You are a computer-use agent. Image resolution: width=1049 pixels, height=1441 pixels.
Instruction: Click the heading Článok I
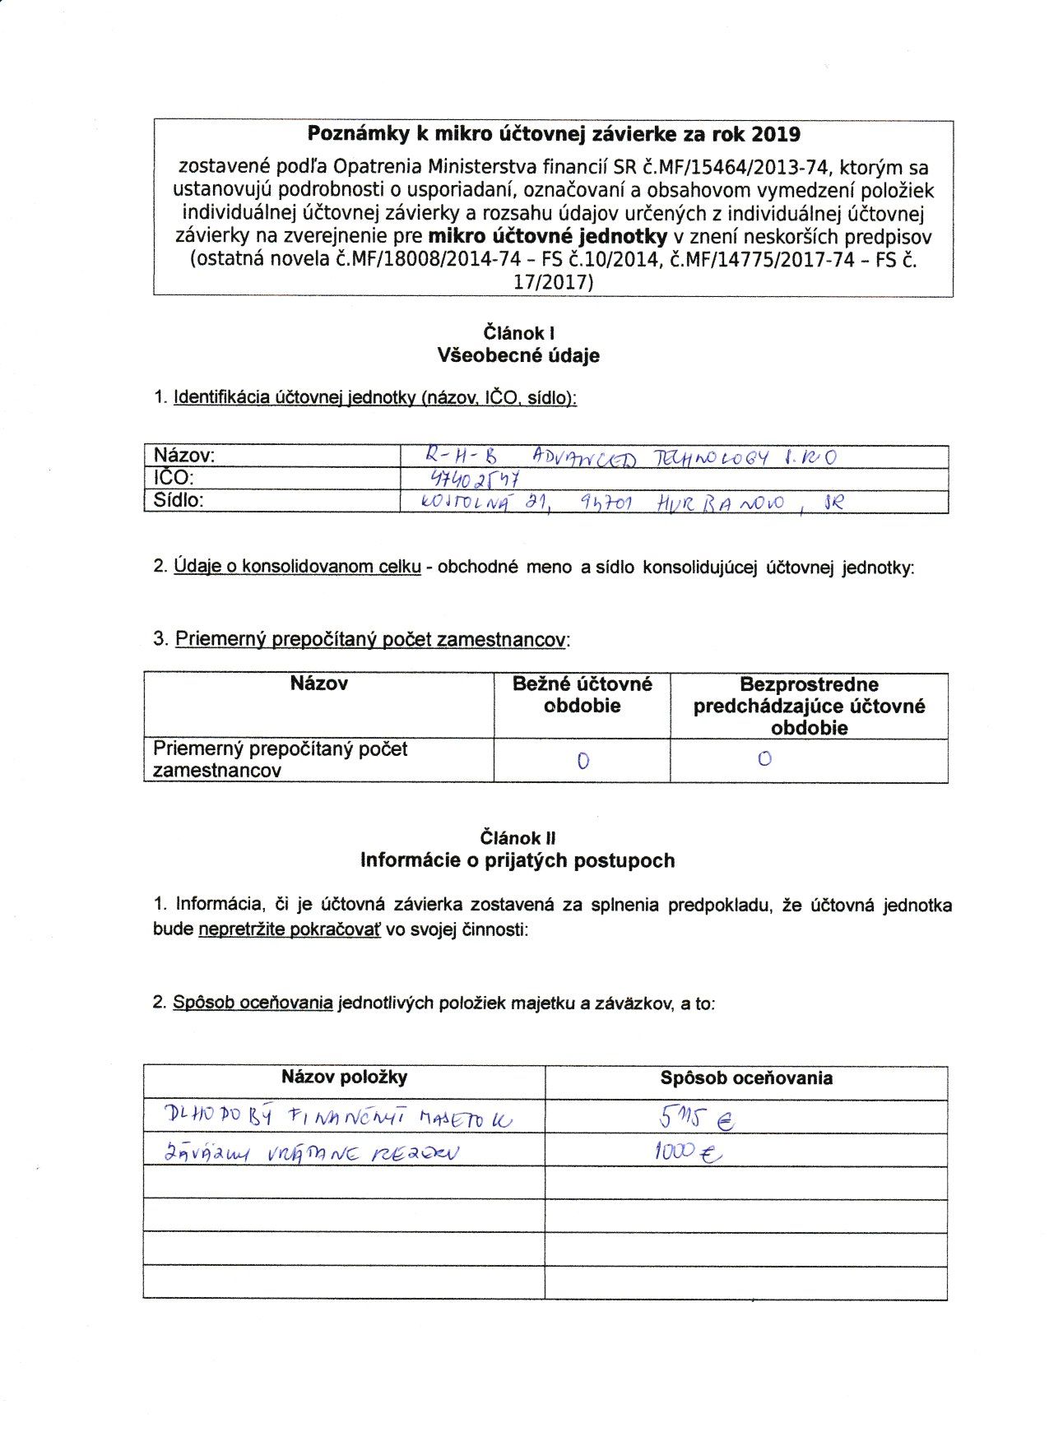[518, 333]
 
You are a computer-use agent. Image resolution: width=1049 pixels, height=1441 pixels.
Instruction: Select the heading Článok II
[518, 838]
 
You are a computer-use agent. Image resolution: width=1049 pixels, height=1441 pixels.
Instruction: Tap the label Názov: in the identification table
[184, 456]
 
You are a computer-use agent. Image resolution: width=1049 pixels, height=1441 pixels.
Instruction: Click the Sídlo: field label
[179, 500]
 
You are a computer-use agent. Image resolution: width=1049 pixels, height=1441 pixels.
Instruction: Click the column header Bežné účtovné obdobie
[582, 695]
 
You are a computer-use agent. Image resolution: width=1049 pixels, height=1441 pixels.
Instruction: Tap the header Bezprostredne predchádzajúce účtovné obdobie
[809, 706]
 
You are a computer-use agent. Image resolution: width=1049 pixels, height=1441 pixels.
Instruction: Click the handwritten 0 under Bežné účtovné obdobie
[583, 761]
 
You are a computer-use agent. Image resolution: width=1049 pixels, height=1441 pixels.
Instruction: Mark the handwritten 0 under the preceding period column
[764, 759]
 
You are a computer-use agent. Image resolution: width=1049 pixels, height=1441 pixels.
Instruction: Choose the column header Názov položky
[344, 1077]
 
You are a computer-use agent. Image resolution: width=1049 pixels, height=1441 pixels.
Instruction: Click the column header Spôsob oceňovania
[745, 1078]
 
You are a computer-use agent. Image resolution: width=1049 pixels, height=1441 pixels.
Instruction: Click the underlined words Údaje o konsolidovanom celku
[298, 568]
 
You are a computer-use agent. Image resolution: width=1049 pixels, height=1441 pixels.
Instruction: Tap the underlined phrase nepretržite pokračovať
[290, 930]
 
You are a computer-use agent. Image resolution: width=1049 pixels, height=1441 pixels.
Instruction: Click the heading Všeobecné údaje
[518, 356]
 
